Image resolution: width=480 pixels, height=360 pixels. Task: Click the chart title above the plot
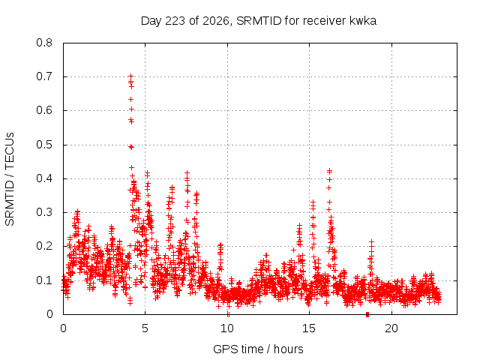click(258, 21)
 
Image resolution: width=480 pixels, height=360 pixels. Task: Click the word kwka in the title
click(363, 21)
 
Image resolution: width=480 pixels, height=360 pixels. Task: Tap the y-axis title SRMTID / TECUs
click(10, 179)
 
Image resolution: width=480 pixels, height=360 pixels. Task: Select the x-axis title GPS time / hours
click(258, 349)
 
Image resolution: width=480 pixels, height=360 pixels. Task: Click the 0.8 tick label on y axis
click(44, 43)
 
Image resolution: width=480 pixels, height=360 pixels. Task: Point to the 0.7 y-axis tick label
click(44, 76)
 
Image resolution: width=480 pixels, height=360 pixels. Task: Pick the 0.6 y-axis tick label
click(44, 110)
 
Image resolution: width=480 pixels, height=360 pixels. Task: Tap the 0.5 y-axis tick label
click(44, 145)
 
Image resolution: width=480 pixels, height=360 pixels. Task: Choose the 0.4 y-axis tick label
click(44, 178)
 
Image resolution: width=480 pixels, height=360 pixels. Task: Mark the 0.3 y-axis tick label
click(44, 212)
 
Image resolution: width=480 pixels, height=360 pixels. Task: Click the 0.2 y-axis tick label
click(44, 246)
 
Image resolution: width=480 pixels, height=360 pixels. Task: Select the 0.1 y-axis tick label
click(44, 280)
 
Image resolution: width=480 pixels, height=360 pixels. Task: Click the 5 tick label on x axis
click(145, 328)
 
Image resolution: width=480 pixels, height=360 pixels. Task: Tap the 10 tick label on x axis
click(227, 328)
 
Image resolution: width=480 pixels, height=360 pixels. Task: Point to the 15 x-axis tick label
click(309, 328)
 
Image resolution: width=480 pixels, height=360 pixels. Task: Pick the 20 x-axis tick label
click(391, 328)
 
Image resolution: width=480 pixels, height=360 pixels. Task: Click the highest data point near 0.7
click(130, 76)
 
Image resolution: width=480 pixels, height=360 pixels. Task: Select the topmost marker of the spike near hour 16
click(329, 171)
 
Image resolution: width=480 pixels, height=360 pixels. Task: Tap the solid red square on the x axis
click(367, 314)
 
